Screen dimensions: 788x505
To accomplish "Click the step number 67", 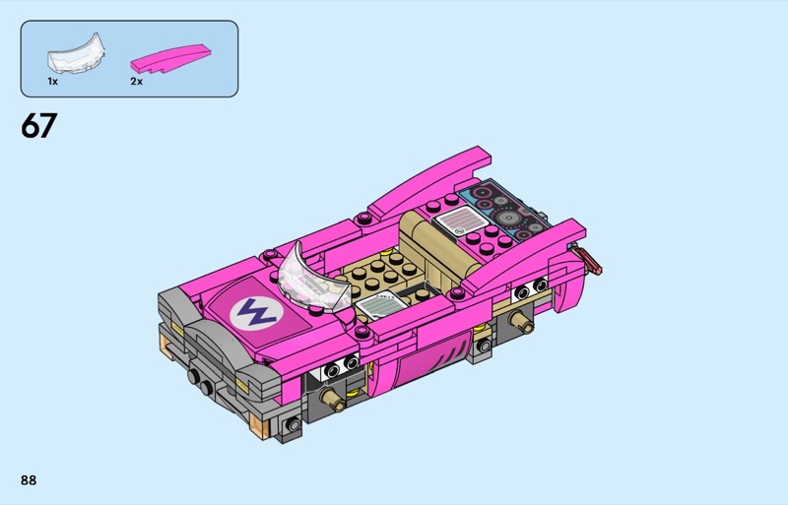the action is click(x=38, y=125).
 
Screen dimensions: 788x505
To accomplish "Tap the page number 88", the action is click(x=29, y=480).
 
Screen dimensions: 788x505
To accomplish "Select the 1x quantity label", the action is click(x=53, y=81).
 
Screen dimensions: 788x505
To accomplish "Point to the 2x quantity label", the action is click(x=136, y=81).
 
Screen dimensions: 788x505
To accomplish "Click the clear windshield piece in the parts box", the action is click(x=77, y=54).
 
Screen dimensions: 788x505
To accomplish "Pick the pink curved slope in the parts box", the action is click(x=169, y=58).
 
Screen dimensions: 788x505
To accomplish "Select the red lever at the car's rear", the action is click(x=590, y=259).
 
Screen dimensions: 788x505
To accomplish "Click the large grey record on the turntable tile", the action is click(x=508, y=218).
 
